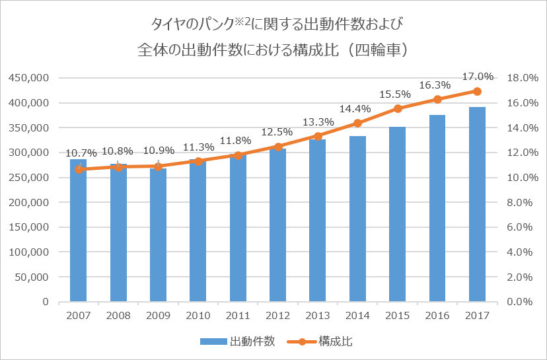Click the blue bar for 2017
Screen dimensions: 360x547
click(477, 205)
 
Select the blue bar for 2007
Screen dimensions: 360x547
click(79, 231)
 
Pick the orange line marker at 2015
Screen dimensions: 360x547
click(398, 108)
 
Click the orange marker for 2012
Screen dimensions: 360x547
click(278, 147)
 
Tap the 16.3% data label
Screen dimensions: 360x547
click(437, 85)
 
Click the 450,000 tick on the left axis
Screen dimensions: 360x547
click(30, 78)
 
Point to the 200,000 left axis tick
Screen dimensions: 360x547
click(30, 202)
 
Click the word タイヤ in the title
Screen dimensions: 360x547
click(169, 25)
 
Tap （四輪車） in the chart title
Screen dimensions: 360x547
click(373, 50)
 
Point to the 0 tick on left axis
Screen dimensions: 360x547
click(45, 302)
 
